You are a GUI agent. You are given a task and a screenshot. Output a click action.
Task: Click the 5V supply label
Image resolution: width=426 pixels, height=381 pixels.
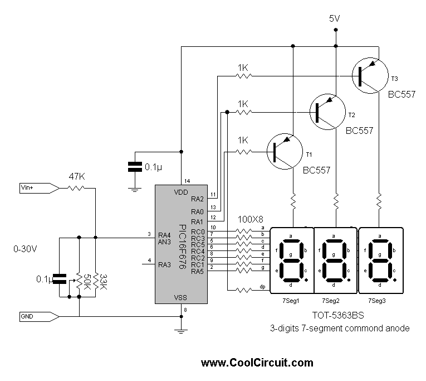tap(334, 19)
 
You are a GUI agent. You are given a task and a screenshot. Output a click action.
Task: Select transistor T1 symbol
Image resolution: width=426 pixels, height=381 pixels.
tap(285, 151)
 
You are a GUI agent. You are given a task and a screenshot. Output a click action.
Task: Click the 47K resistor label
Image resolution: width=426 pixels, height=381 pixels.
tap(76, 177)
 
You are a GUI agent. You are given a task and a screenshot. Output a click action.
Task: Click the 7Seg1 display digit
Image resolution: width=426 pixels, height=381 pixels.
tap(291, 260)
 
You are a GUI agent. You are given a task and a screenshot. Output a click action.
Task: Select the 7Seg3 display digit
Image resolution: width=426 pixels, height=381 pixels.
tap(380, 260)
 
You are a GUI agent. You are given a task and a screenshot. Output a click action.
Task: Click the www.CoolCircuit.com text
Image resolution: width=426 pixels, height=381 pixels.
tap(257, 363)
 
